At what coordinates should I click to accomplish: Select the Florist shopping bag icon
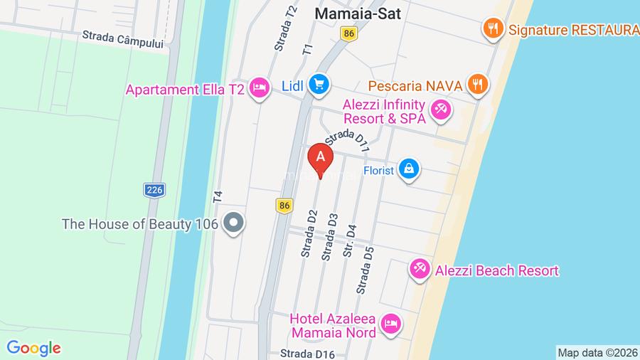point(409,170)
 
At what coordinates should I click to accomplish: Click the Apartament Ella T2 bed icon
point(260,89)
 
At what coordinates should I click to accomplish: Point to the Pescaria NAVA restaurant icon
point(477,85)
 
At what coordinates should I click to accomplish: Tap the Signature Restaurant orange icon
point(491,29)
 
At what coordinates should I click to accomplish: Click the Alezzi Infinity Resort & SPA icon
point(439,111)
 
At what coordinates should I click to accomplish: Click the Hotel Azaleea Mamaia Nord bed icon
point(390,324)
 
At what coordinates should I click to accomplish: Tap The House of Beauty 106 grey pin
point(233,224)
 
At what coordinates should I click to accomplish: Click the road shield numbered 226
point(153,190)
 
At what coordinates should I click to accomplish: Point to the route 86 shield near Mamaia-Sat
point(348,34)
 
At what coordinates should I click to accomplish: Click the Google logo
point(33,348)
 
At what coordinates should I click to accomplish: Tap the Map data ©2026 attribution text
point(597,352)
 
